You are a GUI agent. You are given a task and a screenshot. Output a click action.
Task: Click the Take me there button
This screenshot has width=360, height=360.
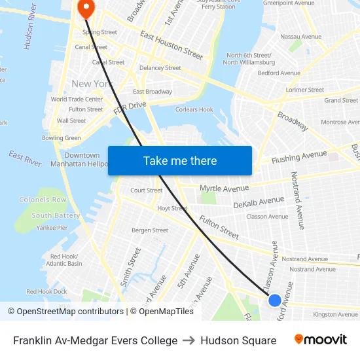coord(180,161)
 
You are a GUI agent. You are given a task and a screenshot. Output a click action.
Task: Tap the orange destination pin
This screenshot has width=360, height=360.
coord(86,8)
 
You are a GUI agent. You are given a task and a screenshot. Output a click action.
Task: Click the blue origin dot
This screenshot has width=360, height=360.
coord(275,300)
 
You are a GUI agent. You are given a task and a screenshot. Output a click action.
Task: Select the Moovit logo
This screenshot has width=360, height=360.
coord(321,340)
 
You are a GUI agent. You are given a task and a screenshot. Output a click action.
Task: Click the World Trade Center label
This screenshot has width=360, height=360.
coord(77,99)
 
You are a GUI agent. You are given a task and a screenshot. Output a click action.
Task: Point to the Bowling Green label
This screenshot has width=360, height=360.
coord(62,138)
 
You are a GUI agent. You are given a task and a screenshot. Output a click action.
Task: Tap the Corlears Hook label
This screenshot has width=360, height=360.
coord(194,110)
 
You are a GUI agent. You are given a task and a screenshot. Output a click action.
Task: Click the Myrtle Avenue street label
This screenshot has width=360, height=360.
coord(224,189)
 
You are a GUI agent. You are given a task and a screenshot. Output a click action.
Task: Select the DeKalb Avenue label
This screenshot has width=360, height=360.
coord(259,202)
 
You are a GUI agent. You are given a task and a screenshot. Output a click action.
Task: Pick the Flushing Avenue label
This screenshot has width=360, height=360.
coord(298,156)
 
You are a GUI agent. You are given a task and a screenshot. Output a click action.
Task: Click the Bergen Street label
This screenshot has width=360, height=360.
coord(150,230)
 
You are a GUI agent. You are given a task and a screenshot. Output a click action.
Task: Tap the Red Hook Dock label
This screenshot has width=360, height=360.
coord(46,291)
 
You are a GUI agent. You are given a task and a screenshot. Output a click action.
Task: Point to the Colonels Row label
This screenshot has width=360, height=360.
coord(43,200)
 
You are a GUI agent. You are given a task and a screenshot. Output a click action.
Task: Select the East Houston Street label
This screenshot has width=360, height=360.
coord(171,45)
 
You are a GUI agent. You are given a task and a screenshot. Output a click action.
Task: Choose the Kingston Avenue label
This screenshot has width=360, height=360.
coord(335,315)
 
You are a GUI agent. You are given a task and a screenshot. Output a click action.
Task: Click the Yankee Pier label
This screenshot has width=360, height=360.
coord(52,228)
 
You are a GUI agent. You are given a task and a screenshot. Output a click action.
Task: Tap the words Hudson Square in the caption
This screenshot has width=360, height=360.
coord(238,340)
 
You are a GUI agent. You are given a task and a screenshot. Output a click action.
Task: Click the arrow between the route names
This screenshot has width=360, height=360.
coord(189,340)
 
